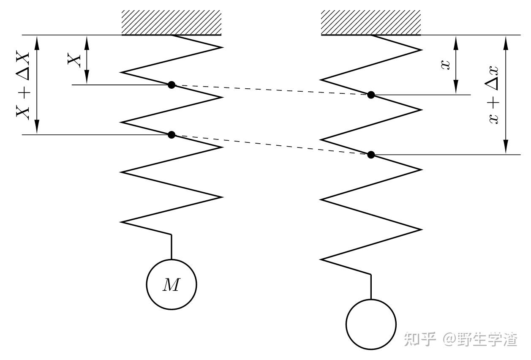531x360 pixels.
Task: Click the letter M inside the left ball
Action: coord(171,286)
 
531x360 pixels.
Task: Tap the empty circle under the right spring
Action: coord(371,324)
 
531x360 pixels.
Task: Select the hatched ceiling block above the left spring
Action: coord(172,22)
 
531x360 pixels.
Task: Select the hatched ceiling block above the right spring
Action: coord(371,22)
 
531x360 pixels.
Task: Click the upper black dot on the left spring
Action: coord(172,85)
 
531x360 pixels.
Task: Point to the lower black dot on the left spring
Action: coord(172,135)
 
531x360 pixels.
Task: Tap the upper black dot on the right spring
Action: coord(371,95)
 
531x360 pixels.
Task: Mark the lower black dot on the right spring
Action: coord(371,155)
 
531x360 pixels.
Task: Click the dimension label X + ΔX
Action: coord(23,85)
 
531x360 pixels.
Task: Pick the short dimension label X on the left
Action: coord(74,60)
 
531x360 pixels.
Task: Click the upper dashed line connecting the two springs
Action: coord(270,90)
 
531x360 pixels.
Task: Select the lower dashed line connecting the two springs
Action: coord(270,145)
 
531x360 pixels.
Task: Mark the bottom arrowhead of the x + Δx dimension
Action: coord(506,148)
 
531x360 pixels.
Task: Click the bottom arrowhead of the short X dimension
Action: coord(87,79)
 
